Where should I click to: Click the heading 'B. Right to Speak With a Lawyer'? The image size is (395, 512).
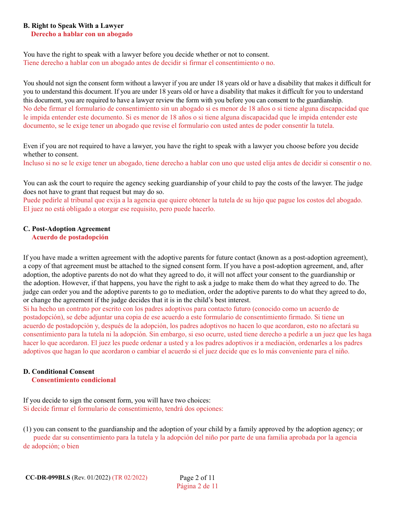(73, 26)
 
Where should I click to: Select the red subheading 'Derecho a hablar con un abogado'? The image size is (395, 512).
(82, 34)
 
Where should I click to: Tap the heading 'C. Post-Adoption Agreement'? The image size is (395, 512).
(67, 229)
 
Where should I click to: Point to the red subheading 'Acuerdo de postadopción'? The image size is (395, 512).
(70, 237)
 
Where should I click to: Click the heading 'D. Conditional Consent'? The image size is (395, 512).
(59, 372)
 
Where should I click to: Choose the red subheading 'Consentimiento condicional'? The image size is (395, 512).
(74, 380)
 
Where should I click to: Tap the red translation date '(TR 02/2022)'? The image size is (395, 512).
(130, 477)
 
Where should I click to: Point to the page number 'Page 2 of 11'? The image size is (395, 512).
(197, 477)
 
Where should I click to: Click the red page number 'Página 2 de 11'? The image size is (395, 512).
(197, 486)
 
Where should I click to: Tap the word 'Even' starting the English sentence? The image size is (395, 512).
(30, 146)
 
